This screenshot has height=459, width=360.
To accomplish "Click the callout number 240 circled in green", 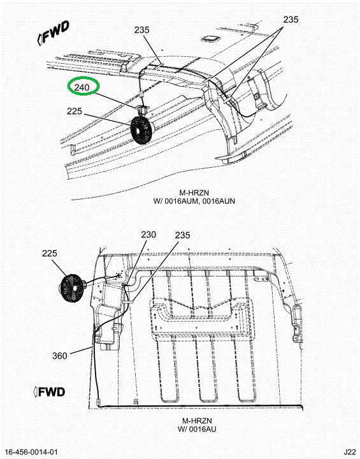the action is pos(82,87).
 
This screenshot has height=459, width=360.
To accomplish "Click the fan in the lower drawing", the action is pos(72,288).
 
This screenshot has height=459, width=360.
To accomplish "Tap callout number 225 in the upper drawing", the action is pos(75,111).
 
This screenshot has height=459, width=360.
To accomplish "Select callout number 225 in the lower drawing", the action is pos(50,253).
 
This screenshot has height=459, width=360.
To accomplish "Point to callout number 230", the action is pos(148,235).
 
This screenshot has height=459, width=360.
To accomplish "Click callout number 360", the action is pos(60,356).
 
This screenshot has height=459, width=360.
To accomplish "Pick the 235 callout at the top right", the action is pos(291,19).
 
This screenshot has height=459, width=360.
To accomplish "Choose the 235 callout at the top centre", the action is pos(142,30).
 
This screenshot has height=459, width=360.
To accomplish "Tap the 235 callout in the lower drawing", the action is pos(183,235).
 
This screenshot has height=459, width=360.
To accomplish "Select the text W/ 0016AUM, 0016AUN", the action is pos(194,201).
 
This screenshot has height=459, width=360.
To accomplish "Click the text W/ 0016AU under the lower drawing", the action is pos(197,429).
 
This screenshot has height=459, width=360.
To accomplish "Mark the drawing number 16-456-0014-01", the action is pos(32,452).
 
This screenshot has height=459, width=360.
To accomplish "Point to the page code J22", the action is pos(349,452).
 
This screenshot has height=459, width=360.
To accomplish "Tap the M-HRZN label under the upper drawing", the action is pos(194,193).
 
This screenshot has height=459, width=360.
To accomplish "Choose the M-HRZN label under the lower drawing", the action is pos(197,421).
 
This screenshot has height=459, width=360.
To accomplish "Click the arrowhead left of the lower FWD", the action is pos(36,392).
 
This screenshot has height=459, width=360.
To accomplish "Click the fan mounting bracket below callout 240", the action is pos(143,110).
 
